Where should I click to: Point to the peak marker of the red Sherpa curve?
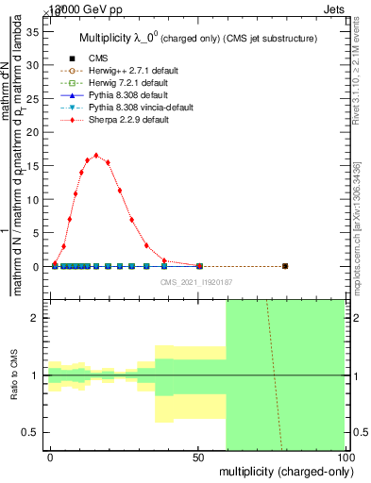96,156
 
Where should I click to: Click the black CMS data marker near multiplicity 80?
285,266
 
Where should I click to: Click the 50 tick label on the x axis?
197,457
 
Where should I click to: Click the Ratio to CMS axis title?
14,375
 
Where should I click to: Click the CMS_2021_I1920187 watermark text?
197,282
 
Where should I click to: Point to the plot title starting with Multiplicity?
197,40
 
